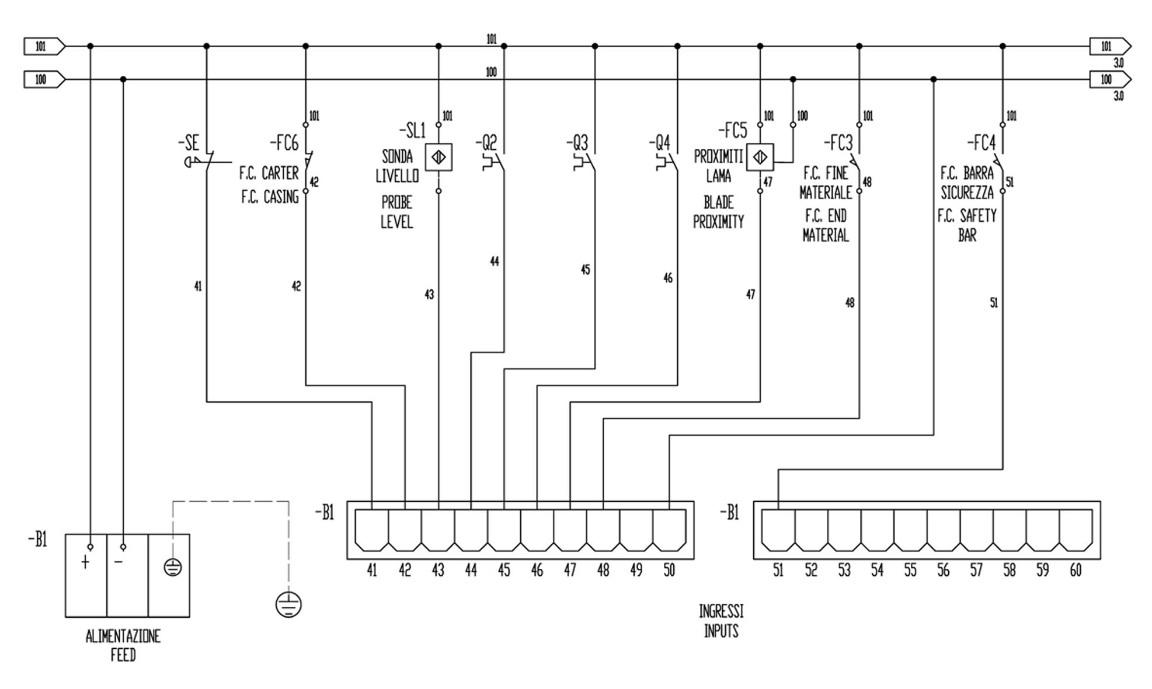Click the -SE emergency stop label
(x=189, y=143)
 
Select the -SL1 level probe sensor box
(x=438, y=158)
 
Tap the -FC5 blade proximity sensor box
(x=760, y=158)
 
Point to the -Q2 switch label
(x=486, y=143)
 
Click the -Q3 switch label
(x=577, y=143)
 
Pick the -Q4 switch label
(x=659, y=143)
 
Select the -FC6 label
(x=284, y=143)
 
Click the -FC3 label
(x=838, y=143)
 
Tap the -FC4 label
(x=981, y=143)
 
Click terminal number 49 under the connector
(x=636, y=570)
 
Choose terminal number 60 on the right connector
(x=1076, y=570)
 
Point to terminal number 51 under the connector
(x=778, y=570)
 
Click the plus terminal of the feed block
(x=86, y=562)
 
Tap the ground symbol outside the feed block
(x=288, y=604)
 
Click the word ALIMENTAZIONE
(x=123, y=636)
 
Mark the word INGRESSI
(x=721, y=611)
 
